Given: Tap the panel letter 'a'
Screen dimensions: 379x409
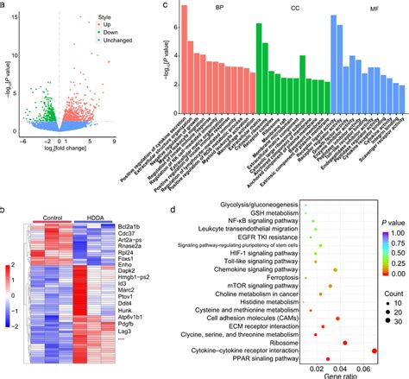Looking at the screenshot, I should (4, 5).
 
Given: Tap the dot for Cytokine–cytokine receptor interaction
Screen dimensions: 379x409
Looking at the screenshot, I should (374, 351).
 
